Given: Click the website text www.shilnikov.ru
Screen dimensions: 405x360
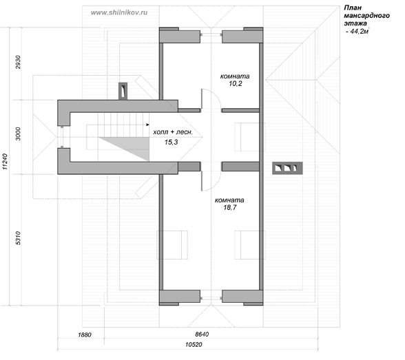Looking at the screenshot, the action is point(119,12).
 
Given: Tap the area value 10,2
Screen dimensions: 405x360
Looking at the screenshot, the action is point(236,83).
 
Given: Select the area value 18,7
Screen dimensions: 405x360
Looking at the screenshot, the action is point(230,207).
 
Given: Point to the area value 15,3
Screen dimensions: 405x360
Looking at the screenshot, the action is point(172,142).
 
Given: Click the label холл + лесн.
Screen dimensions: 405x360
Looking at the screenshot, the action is point(173,132).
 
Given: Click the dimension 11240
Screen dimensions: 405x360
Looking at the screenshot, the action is point(6,162).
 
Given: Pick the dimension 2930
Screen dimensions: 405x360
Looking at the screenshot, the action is point(18,62).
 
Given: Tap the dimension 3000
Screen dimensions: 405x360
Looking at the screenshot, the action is point(18,134).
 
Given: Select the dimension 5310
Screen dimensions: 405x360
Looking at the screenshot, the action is point(18,238).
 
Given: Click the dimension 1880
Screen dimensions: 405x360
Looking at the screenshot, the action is point(85,335).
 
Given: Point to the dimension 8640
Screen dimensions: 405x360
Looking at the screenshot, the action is point(202,335).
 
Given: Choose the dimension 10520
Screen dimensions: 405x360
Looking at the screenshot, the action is point(194,345).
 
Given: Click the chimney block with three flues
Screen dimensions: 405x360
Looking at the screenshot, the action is point(287,168).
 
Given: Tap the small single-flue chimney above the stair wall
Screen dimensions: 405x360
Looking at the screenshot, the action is point(123,91).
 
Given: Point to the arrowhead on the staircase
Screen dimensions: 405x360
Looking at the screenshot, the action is point(147,125).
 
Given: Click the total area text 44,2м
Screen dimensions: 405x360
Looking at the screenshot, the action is point(357,32).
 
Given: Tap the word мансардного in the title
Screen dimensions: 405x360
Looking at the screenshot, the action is point(366,15).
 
